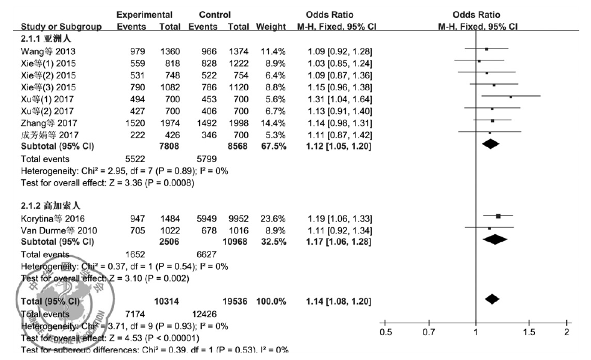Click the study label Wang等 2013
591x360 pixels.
click(x=42, y=49)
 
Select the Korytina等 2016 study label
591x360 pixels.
click(x=50, y=217)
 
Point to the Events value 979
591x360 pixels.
click(x=136, y=49)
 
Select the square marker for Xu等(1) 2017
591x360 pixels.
click(x=511, y=97)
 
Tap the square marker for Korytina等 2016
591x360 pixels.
click(x=498, y=216)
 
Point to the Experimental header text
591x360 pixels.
click(x=141, y=14)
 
